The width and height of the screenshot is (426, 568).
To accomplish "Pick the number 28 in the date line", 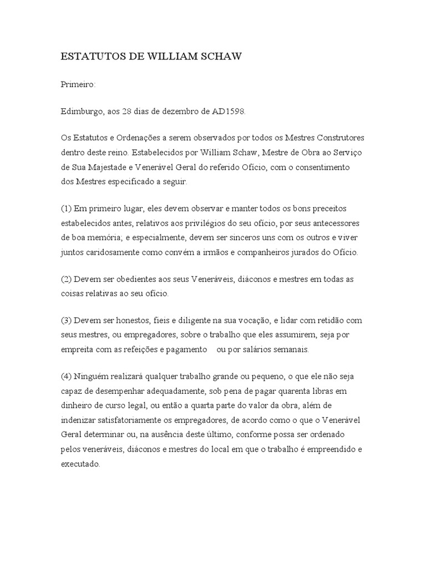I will (134, 111).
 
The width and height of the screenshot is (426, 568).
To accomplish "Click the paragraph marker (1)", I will (67, 209).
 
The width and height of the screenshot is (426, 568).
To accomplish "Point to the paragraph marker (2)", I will (67, 279).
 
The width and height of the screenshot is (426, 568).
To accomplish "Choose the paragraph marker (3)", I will (67, 321).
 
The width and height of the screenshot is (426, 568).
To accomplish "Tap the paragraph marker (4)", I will (67, 377).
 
